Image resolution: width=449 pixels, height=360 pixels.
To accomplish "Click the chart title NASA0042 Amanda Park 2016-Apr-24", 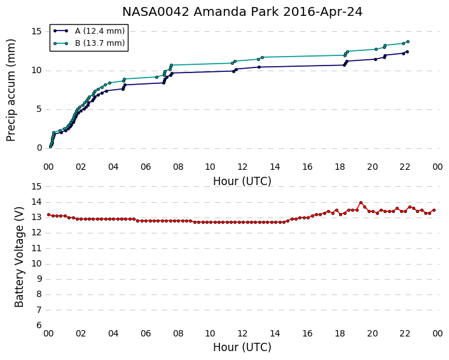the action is point(242,12).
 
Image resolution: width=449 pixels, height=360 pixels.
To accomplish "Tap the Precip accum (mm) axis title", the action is point(11,90).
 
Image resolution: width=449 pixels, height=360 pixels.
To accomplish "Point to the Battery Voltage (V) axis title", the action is point(19,257).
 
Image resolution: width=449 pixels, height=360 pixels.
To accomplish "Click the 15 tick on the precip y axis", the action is point(37,31).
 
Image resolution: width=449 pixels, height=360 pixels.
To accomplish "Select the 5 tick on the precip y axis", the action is point(39,109).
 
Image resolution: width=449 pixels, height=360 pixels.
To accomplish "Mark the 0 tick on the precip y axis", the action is point(39,148).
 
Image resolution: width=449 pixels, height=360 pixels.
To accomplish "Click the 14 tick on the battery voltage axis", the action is point(37,202).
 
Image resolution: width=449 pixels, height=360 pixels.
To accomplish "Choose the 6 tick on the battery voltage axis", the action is point(39,325).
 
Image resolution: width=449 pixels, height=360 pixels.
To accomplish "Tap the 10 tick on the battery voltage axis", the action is point(37,263).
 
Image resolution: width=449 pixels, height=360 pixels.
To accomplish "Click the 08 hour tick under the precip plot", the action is point(178,167).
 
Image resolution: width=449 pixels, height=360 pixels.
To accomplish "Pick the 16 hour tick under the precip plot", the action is point(307,167).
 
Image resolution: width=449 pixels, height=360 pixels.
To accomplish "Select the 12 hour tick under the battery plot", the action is point(242,333).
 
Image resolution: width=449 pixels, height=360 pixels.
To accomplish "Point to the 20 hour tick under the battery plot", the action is point(372,333).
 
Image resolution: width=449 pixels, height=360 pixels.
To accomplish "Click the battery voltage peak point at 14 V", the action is point(361,202).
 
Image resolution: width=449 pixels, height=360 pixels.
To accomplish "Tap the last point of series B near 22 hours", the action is point(408,42).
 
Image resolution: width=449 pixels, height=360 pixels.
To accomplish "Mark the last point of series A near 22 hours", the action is point(407,52).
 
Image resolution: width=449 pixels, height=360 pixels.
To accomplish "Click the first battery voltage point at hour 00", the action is point(49,214).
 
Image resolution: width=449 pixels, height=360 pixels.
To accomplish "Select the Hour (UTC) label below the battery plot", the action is point(242,347).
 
